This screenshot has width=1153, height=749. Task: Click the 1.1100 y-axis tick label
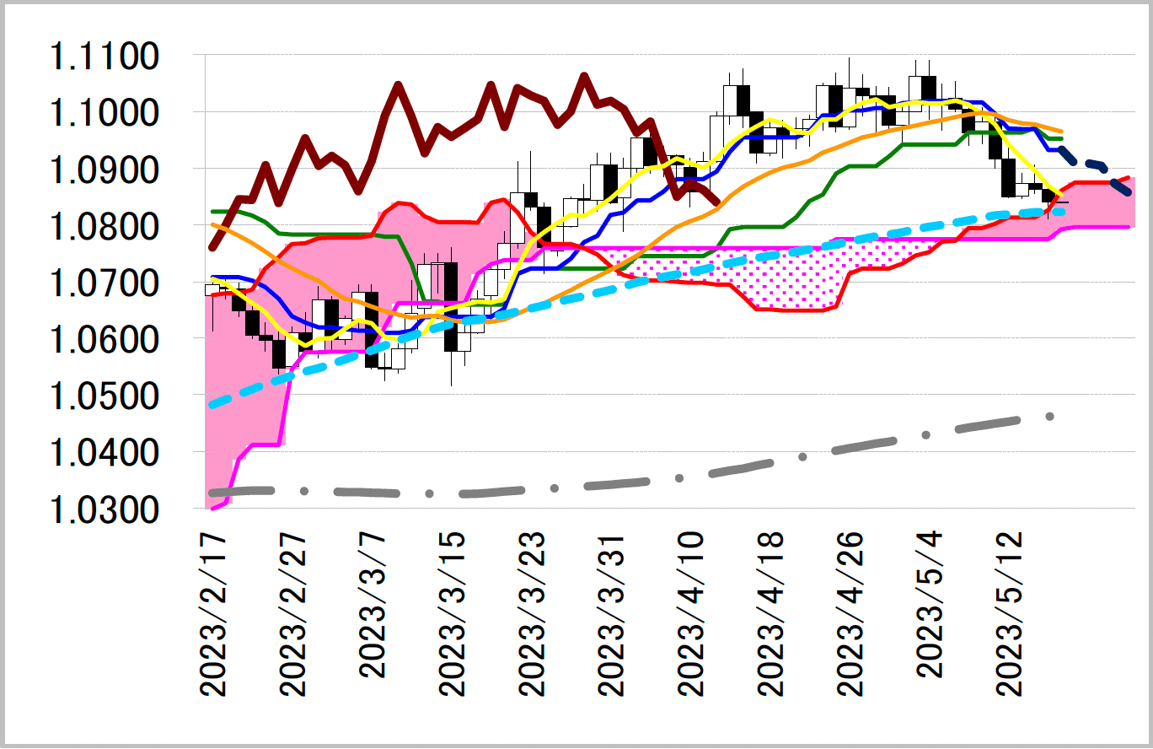[x=104, y=57]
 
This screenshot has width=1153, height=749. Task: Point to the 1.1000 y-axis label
[x=104, y=114]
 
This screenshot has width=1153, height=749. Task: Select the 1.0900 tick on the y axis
[x=104, y=170]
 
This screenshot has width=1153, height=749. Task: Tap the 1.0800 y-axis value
[x=104, y=227]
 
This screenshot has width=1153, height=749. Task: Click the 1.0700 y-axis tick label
[x=104, y=283]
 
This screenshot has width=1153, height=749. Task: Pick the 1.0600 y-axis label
[x=104, y=340]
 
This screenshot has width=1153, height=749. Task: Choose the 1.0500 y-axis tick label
[x=104, y=396]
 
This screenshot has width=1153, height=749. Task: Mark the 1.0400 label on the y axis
[x=104, y=453]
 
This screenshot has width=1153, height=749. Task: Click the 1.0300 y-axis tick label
[x=104, y=509]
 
